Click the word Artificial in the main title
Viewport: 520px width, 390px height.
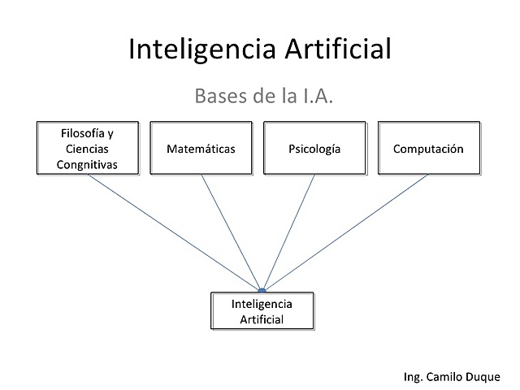click(x=337, y=50)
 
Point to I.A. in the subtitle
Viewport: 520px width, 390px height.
click(x=317, y=97)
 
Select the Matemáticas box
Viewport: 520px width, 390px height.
click(x=201, y=149)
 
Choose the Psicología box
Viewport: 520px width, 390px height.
click(x=314, y=149)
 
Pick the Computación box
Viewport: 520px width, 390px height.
click(x=427, y=149)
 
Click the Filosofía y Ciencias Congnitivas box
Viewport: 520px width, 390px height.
click(x=88, y=149)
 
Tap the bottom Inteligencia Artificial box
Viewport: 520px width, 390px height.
click(x=262, y=311)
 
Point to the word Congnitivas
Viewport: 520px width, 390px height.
click(x=88, y=164)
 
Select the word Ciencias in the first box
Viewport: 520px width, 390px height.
click(x=88, y=149)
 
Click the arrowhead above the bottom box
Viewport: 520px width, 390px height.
click(x=262, y=289)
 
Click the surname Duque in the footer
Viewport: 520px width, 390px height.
click(x=486, y=376)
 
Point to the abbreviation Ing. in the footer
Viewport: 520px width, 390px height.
click(x=414, y=376)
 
